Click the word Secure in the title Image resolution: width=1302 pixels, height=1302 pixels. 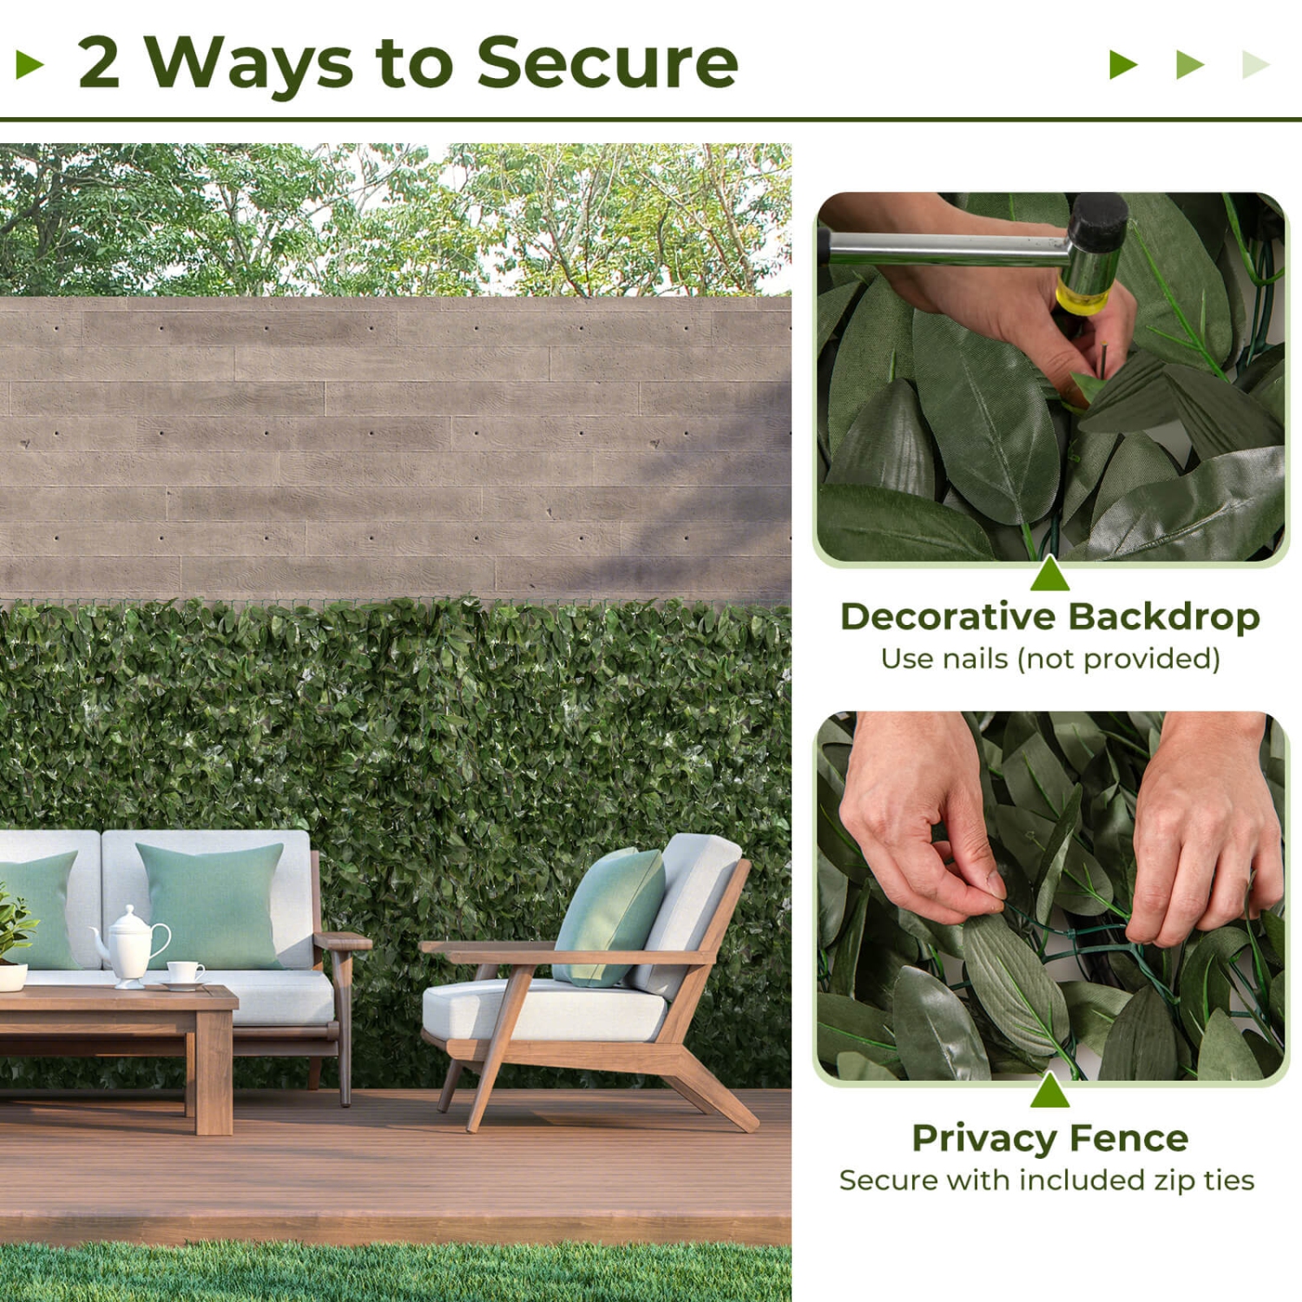607,62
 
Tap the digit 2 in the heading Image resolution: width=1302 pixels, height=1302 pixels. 98,62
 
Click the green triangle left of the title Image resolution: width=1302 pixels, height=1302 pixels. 30,64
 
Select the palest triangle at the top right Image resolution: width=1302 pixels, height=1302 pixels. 1254,64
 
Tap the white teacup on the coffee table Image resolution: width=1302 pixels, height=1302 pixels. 185,972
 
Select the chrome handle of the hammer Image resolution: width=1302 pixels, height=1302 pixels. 946,247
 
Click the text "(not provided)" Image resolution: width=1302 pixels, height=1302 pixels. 1120,659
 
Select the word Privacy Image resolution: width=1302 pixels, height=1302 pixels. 983,1138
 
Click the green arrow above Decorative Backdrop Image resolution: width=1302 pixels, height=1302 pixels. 1049,575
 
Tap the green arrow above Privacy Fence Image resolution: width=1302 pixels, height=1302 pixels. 1049,1091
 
